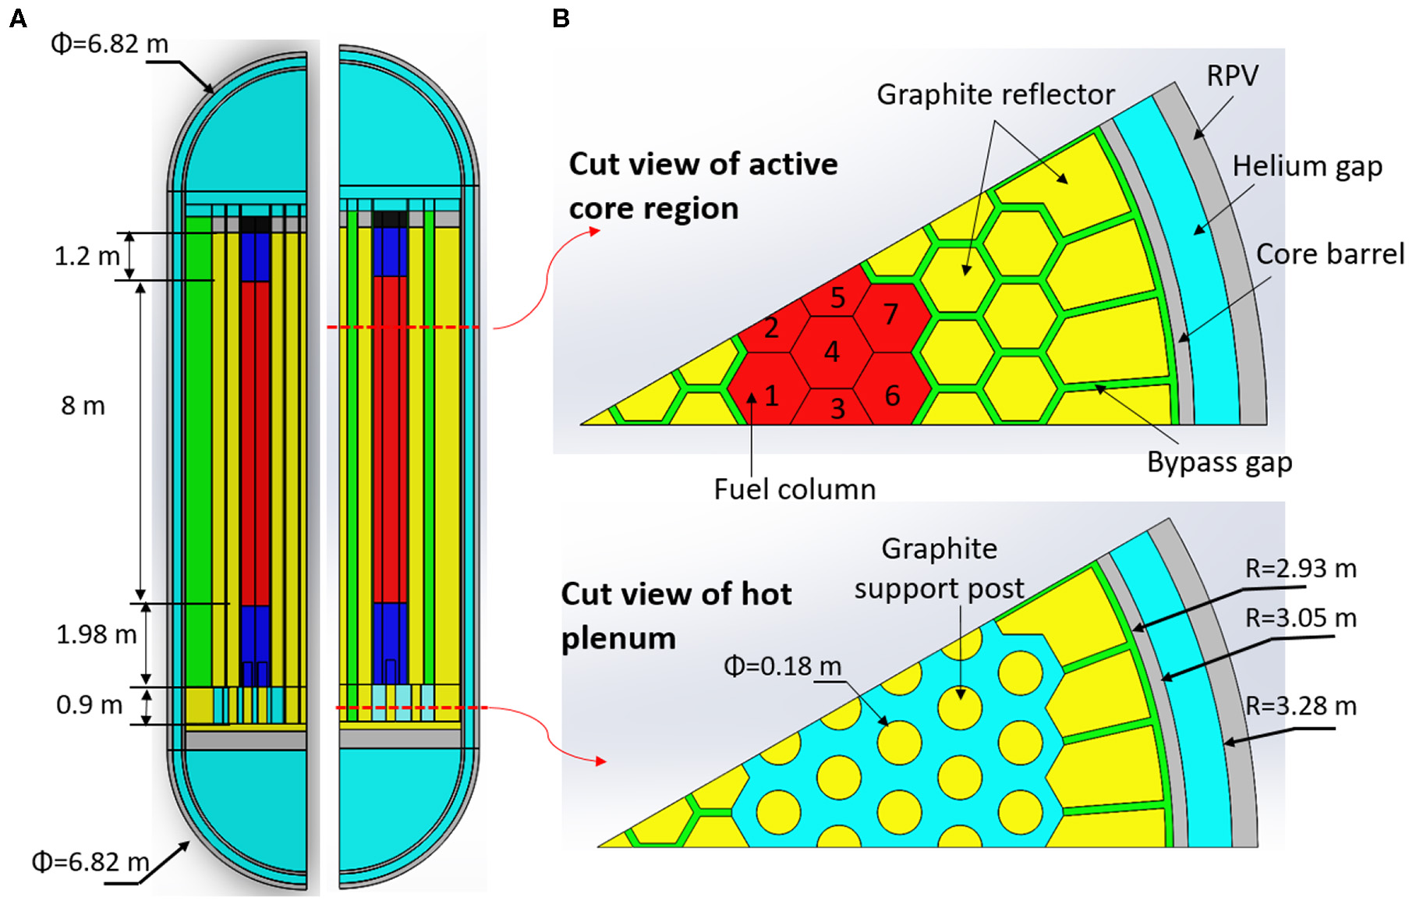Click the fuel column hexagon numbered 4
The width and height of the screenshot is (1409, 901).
pos(832,352)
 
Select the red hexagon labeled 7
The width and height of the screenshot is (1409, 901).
pos(891,314)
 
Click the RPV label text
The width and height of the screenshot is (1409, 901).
pos(1232,76)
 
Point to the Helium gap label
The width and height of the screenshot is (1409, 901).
pos(1307,166)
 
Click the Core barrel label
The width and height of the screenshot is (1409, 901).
pos(1329,254)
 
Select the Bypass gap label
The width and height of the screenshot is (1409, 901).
pos(1219,462)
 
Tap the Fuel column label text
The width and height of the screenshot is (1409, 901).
pos(794,489)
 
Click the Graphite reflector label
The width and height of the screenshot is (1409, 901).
pos(995,94)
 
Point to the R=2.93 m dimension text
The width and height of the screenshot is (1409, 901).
pos(1300,569)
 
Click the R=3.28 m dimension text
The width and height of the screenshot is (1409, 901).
pos(1300,706)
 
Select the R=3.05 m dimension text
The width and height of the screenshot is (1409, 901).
pos(1300,618)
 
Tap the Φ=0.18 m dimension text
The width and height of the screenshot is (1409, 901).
pos(782,666)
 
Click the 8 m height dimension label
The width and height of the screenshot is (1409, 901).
pos(83,406)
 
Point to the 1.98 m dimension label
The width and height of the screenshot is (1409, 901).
pos(96,634)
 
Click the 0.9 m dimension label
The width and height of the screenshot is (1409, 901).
pos(89,705)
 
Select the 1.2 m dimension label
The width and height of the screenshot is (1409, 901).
pos(87,256)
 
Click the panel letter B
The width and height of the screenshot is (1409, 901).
pos(561,18)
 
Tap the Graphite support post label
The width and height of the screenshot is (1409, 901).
pos(939,568)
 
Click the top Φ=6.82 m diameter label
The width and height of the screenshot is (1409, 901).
pos(109,44)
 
